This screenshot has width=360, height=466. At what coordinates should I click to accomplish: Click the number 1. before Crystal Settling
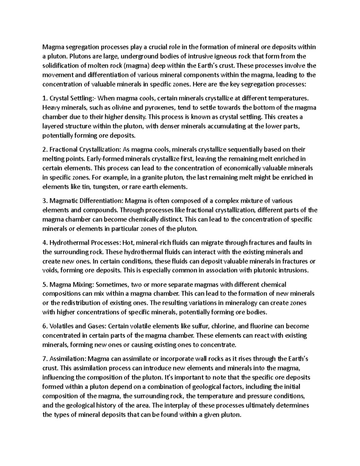pyautogui.click(x=45, y=98)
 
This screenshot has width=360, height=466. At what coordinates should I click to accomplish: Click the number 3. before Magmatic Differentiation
pyautogui.click(x=45, y=200)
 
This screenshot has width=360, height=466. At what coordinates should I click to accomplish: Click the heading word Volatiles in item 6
pyautogui.click(x=61, y=326)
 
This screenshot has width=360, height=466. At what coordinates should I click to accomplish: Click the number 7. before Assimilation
pyautogui.click(x=45, y=359)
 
